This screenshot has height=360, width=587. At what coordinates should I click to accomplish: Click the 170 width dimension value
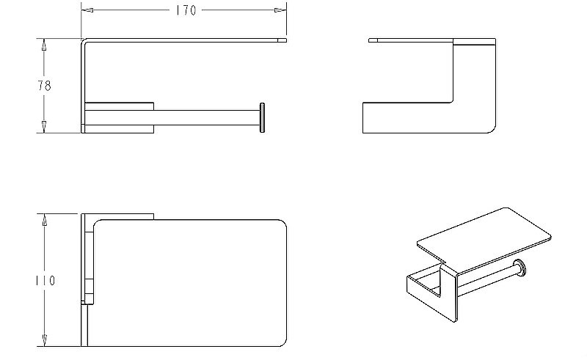coord(186,10)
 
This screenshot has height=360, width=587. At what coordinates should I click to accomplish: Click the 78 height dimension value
coord(44,86)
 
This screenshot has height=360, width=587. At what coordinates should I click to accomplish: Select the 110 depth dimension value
coord(45,280)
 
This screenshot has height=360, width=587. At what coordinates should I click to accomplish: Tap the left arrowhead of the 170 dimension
coord(87,10)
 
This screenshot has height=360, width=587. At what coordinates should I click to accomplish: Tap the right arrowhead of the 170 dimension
coord(280,10)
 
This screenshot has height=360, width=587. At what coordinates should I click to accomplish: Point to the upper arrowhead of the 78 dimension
coord(44,45)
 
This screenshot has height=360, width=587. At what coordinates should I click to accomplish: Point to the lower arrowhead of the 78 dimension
coord(44,127)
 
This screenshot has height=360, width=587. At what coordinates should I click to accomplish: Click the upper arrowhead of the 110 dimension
coord(44,220)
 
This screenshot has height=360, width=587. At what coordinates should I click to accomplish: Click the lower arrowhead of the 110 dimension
coord(44,340)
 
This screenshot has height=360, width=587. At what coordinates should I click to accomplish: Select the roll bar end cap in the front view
coord(262,117)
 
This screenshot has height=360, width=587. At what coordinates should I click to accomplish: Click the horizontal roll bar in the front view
coord(207,117)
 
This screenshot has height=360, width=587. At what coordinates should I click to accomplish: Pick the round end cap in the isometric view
coord(519,268)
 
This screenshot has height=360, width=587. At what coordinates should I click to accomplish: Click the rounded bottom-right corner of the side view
coord(492,129)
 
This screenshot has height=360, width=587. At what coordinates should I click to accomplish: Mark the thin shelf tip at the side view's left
coord(373,40)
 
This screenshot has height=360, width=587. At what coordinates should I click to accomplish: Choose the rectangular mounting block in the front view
coord(119,117)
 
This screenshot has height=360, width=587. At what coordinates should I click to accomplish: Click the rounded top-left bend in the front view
coord(84,41)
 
